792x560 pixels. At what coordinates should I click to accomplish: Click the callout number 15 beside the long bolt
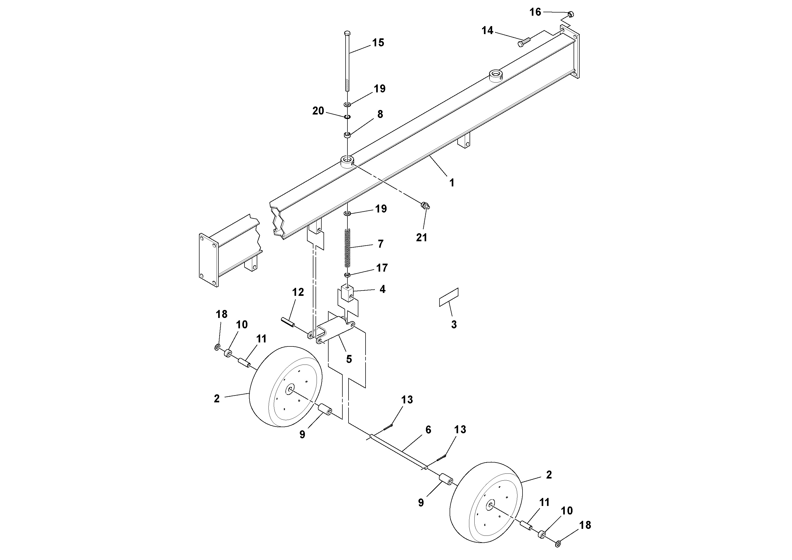pos(378,43)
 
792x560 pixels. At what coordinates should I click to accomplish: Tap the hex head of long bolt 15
pos(347,33)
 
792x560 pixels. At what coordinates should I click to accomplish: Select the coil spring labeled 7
pos(348,248)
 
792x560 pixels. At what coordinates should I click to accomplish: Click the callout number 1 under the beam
pos(451,183)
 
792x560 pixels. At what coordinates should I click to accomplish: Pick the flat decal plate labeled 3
pos(449,297)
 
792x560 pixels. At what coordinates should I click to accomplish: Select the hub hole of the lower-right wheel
pos(490,506)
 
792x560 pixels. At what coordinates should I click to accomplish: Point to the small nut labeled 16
pos(571,14)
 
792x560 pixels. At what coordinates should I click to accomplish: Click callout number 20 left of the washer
pos(318,111)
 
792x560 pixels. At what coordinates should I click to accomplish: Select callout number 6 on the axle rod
pos(428,430)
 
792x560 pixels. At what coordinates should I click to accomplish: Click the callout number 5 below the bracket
pos(349,359)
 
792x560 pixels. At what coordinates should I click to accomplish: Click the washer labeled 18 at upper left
pos(218,347)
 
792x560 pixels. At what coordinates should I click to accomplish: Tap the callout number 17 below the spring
pos(382,268)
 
